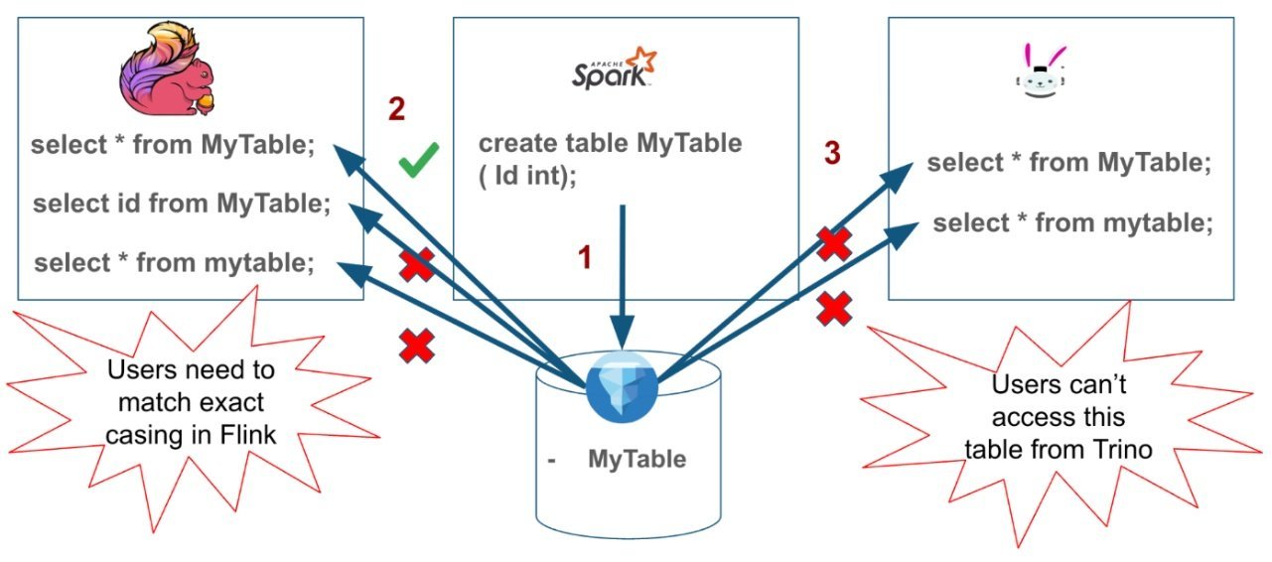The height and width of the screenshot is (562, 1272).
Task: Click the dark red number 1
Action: tap(585, 258)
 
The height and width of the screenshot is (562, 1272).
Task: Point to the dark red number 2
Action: tap(396, 109)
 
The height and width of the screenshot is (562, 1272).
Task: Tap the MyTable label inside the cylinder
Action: tap(636, 460)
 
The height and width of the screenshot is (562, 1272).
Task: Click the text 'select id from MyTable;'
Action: tap(182, 205)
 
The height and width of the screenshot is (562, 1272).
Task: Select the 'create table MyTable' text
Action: tap(610, 143)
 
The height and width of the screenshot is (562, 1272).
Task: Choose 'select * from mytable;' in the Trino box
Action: tap(1072, 223)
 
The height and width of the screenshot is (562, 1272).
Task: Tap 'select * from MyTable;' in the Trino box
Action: tap(1069, 164)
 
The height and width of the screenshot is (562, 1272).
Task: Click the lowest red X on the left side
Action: tap(417, 346)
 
